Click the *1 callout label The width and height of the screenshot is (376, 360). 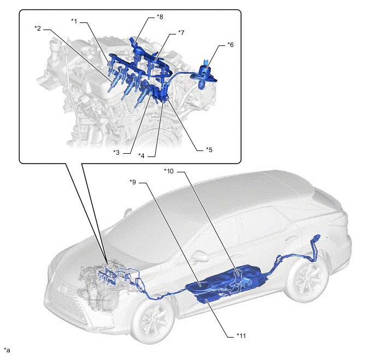[x=74, y=21]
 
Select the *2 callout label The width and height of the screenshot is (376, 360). [x=38, y=28]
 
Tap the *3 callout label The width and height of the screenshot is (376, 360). [x=116, y=153]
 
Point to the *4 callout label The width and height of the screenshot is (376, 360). [x=142, y=156]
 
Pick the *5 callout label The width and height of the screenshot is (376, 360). [x=209, y=150]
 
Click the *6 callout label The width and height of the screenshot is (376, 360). [x=230, y=45]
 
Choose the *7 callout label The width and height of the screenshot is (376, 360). [x=181, y=33]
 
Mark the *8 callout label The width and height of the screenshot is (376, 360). [x=160, y=17]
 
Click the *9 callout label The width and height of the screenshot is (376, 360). [x=133, y=182]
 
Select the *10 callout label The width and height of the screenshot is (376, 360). [x=169, y=171]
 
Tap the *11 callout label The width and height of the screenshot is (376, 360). [x=241, y=336]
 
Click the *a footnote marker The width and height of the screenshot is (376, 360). [x=7, y=350]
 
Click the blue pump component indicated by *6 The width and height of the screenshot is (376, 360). [x=204, y=75]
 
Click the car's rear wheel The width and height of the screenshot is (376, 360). [x=307, y=280]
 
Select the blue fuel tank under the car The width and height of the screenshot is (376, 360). [x=228, y=283]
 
